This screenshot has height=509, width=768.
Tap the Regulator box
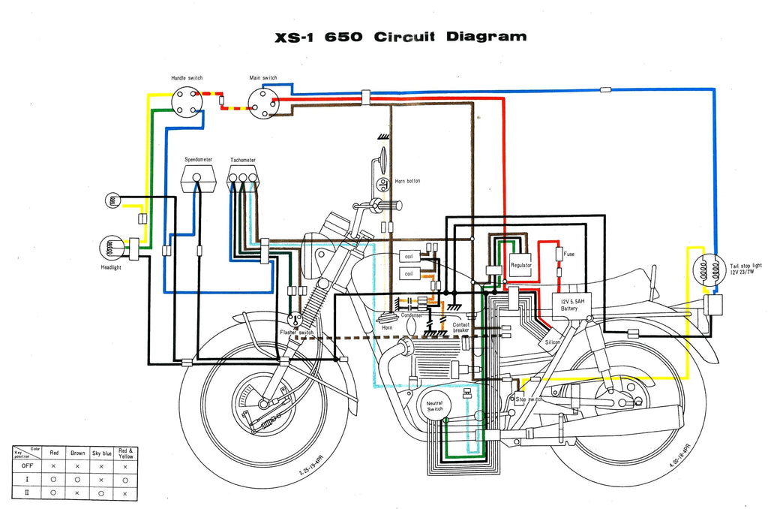(520, 265)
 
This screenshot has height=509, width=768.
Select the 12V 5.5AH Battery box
(569, 303)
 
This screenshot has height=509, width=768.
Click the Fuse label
(569, 254)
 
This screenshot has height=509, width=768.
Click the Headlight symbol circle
(111, 246)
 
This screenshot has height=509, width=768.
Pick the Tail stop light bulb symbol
(706, 270)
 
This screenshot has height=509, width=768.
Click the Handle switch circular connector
(186, 102)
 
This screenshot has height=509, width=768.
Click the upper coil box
(409, 256)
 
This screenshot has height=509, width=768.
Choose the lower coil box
(409, 274)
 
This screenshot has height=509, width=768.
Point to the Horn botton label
(407, 182)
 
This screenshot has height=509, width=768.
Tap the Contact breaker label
(461, 327)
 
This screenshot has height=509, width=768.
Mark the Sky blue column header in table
(101, 453)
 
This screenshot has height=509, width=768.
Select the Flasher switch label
(297, 332)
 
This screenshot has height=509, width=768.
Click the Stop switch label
(529, 399)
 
